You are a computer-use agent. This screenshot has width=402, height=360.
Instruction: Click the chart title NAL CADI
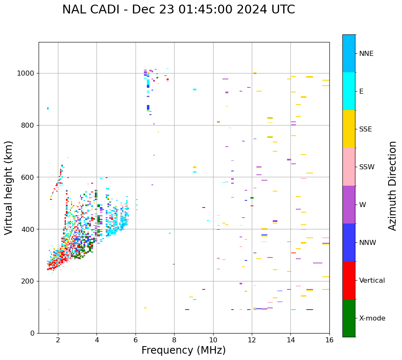[x=178, y=10]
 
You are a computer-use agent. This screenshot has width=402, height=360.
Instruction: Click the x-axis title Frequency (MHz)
[x=183, y=350]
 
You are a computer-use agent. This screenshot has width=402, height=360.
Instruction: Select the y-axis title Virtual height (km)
[x=9, y=188]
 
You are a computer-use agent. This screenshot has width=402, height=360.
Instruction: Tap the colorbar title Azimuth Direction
[x=392, y=186]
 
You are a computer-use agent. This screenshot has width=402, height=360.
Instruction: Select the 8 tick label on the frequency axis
[x=174, y=340]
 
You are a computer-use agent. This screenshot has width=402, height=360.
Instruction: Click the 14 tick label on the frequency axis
[x=290, y=340]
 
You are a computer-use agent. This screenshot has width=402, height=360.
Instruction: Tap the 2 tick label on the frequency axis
[x=58, y=340]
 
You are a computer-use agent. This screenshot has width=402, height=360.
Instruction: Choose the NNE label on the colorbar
[x=366, y=54]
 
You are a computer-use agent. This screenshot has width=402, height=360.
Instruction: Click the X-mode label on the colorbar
[x=372, y=318]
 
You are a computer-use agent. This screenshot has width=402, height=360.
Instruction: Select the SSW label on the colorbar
[x=366, y=167]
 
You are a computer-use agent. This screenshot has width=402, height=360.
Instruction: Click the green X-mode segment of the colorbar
[x=349, y=318]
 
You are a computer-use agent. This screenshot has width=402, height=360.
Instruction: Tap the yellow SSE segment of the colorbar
[x=349, y=129]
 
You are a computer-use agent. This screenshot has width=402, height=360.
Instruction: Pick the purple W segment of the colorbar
[x=349, y=205]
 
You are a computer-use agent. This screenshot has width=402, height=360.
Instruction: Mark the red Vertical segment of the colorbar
[x=349, y=280]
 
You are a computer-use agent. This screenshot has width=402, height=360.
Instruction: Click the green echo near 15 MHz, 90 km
[x=310, y=310]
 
